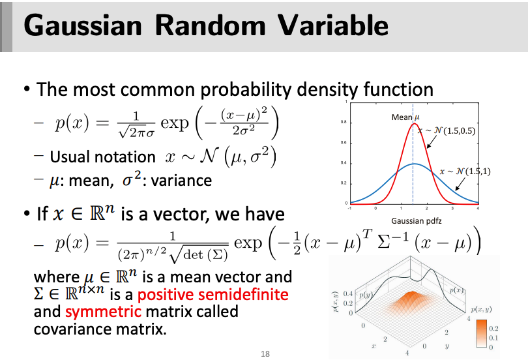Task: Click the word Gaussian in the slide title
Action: pos(83,25)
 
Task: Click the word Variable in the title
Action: pos(333,25)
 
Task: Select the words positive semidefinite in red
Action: pos(213,295)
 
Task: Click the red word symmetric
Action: pos(104,312)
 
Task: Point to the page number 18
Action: pos(265,354)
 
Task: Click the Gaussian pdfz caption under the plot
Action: pos(416,221)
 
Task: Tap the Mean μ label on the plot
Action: pos(405,117)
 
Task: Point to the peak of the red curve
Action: pos(414,124)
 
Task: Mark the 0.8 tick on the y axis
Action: pos(343,122)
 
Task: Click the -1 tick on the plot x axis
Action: pos(349,208)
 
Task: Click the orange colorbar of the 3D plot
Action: pos(482,333)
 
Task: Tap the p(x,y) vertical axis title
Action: pos(336,302)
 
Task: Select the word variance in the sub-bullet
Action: pos(181,181)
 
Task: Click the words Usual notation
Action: pos(102,157)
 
